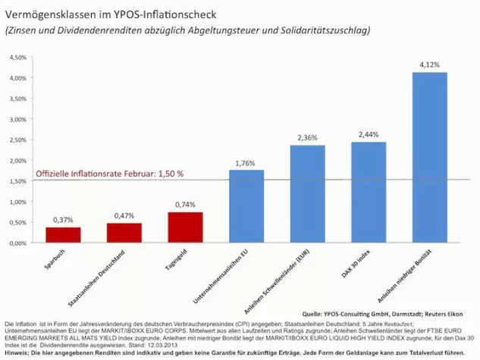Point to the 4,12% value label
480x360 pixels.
(429, 65)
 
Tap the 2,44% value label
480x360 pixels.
(369, 134)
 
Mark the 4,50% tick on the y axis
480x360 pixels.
(17, 58)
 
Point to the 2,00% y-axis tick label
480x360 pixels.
(17, 161)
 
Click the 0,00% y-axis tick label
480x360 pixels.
(17, 243)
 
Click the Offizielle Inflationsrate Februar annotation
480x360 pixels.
(110, 174)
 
